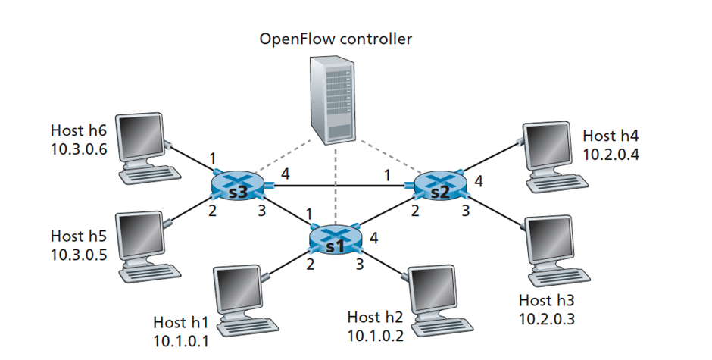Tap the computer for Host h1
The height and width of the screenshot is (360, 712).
[239, 296]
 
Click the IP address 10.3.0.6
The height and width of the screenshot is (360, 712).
[80, 149]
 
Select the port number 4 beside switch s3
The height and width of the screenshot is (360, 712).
[285, 174]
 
